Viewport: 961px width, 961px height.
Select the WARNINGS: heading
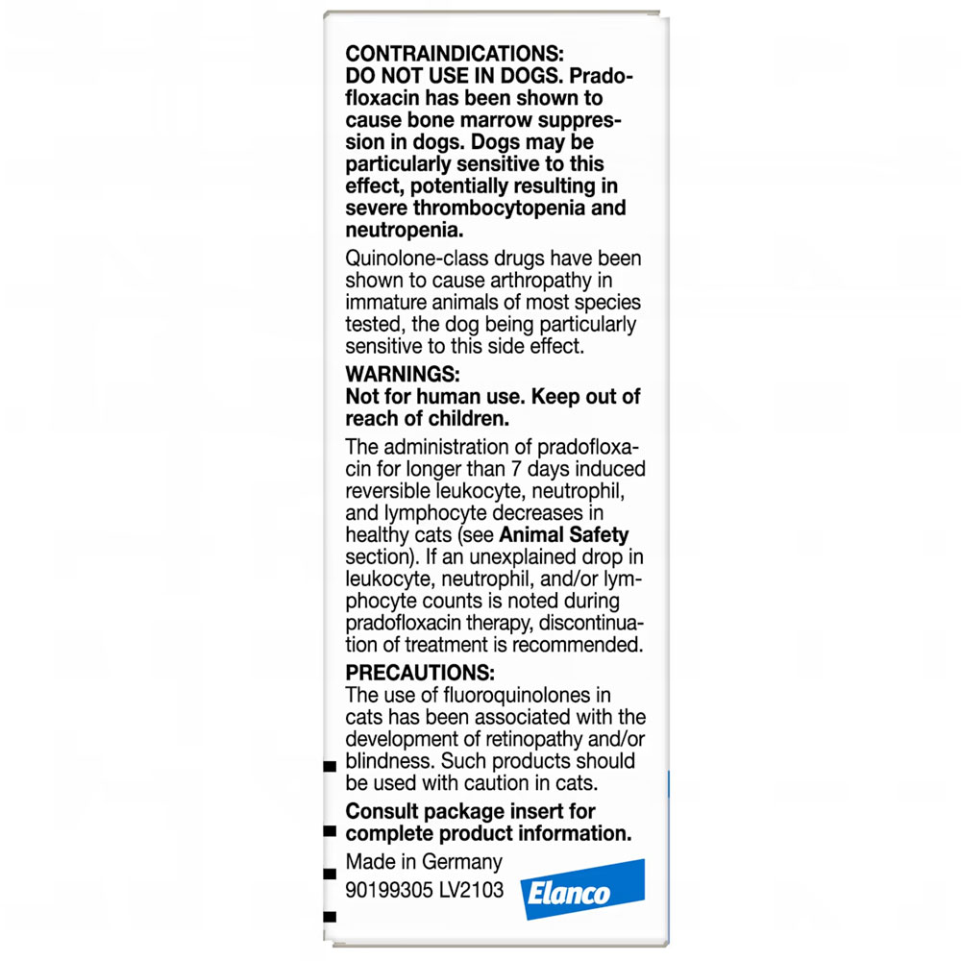tap(399, 373)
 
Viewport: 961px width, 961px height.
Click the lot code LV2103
tap(471, 890)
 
